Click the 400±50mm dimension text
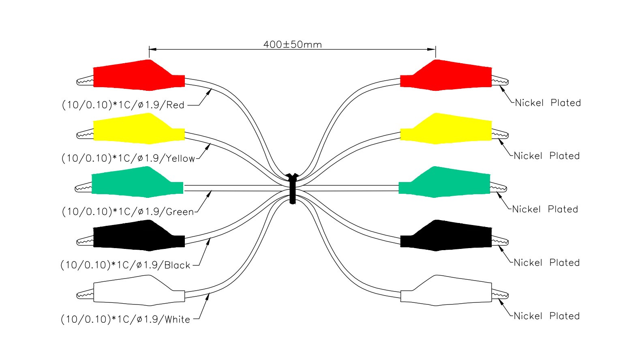(292, 44)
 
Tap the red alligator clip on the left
(138, 75)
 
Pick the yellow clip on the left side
(138, 129)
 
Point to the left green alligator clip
(136, 182)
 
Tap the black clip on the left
(138, 236)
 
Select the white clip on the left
(138, 290)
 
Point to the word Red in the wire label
(176, 105)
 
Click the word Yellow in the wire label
(180, 159)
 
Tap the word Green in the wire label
(180, 212)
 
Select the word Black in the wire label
(177, 265)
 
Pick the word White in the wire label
(177, 319)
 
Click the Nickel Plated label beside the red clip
(548, 103)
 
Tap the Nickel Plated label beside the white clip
(546, 316)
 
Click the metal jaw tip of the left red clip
(85, 81)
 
